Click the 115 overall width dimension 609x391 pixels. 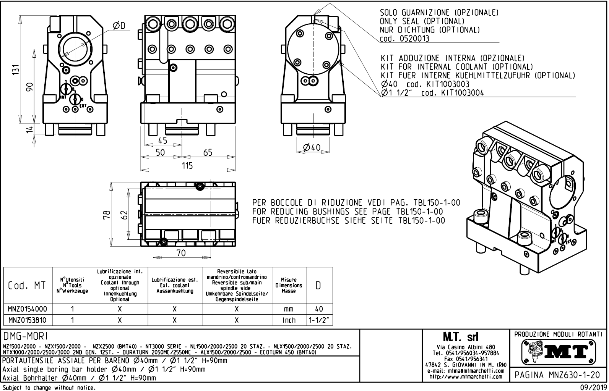coord(187,165)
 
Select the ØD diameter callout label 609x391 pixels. coord(119,26)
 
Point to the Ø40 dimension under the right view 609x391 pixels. coord(312,147)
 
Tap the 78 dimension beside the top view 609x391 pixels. coord(107,215)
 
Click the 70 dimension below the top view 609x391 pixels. coord(181,253)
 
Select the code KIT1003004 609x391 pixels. coord(462,93)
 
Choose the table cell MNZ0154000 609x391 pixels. coord(27,309)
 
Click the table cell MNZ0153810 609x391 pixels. coord(27,320)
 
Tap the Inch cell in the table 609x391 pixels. coord(289,320)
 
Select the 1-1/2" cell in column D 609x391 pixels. coord(319,320)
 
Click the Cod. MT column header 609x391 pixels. coord(27,285)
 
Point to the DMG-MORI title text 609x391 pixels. coord(26,336)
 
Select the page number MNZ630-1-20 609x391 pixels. coord(574,375)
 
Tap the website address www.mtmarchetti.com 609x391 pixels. coord(466,377)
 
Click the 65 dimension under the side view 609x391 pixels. coord(208,153)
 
